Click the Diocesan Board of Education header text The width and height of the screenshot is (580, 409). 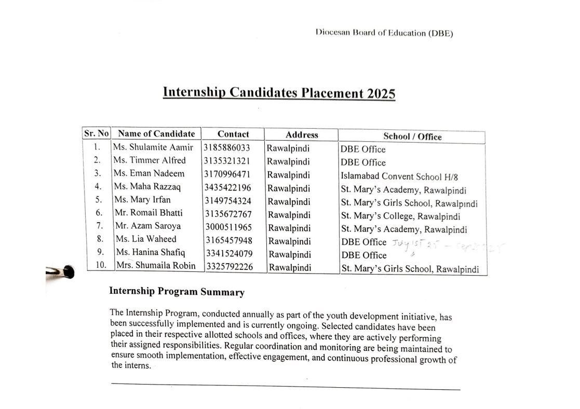(x=384, y=33)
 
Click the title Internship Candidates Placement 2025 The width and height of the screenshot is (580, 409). (x=279, y=93)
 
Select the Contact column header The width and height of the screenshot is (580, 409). (x=233, y=134)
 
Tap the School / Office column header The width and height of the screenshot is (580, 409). (x=412, y=137)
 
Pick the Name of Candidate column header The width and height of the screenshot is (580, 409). (x=156, y=133)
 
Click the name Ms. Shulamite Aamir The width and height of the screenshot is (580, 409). (x=153, y=147)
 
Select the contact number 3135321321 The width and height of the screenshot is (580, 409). (x=226, y=161)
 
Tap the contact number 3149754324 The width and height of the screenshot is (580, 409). (x=227, y=201)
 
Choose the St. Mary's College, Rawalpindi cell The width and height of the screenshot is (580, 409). (x=400, y=216)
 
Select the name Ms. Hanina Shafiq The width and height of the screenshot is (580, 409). (x=151, y=252)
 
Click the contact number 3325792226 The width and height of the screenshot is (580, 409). (x=230, y=267)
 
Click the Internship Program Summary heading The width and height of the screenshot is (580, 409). (x=177, y=292)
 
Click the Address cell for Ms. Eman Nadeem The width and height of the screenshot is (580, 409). (x=289, y=175)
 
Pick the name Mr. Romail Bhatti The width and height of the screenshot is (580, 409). (x=149, y=213)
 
